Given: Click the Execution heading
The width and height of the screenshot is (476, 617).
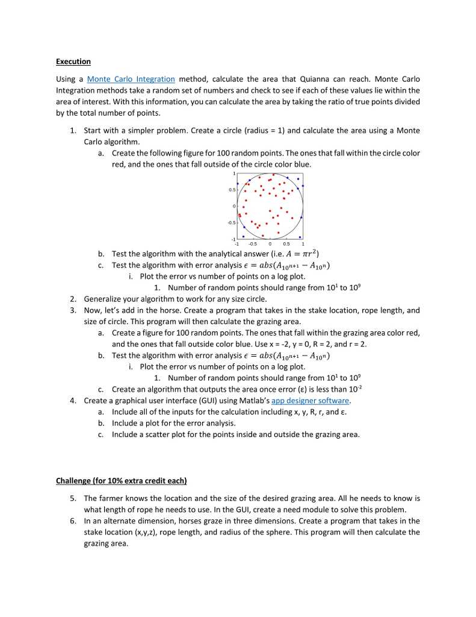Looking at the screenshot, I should (73, 61).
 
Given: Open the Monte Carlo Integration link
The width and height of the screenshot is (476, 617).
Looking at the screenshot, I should (131, 79).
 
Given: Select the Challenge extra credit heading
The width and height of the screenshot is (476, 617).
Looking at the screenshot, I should (122, 480).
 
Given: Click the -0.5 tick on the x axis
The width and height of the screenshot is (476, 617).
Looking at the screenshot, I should (253, 244).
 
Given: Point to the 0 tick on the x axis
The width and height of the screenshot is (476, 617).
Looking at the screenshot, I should (270, 244).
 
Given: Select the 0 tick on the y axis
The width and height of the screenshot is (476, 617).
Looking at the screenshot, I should (233, 207).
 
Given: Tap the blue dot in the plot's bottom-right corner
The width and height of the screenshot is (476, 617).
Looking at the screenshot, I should (299, 236).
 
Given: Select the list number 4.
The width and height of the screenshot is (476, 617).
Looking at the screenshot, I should (72, 400).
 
